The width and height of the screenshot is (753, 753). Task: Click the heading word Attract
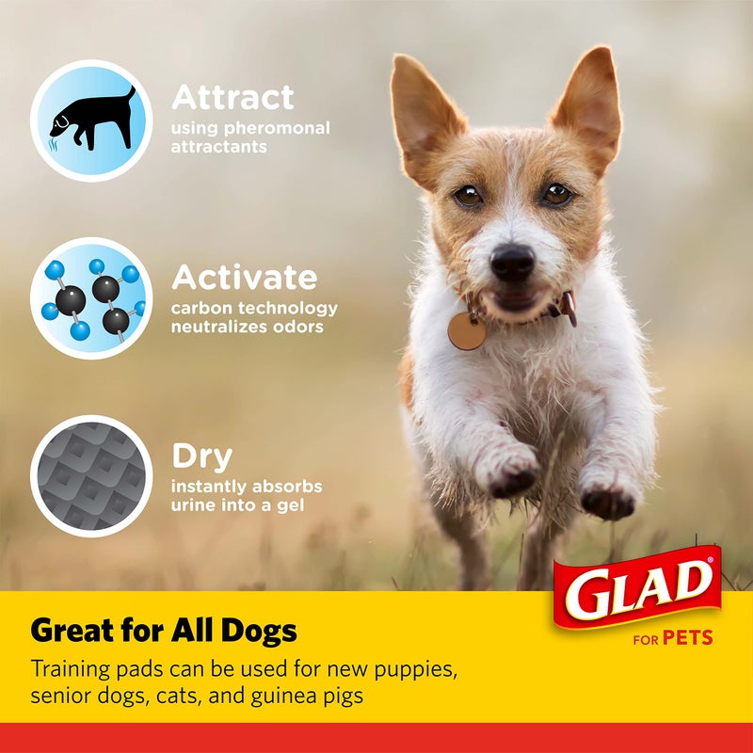tap(232, 97)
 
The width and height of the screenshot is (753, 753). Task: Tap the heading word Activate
tap(244, 278)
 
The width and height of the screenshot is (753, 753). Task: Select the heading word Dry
tap(201, 457)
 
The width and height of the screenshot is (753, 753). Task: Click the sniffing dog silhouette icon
tap(91, 120)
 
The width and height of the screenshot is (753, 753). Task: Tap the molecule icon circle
tap(91, 297)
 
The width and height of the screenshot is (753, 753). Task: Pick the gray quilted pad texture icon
tap(91, 475)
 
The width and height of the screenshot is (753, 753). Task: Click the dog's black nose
tap(513, 260)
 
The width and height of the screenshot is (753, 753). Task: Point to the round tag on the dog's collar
tap(467, 330)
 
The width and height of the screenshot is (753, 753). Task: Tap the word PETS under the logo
tap(687, 639)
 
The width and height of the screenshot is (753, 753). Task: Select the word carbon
tap(201, 309)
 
